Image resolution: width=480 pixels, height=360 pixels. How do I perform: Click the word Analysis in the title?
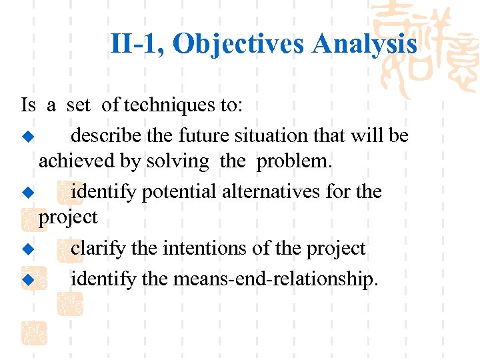pyautogui.click(x=365, y=45)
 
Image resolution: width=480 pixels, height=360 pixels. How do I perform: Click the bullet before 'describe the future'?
pyautogui.click(x=27, y=137)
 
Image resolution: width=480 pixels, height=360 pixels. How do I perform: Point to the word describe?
pyautogui.click(x=107, y=135)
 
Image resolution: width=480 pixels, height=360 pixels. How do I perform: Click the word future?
pyautogui.click(x=201, y=135)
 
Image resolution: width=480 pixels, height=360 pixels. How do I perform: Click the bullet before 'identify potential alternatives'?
pyautogui.click(x=27, y=193)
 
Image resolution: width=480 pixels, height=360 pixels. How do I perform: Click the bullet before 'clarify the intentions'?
pyautogui.click(x=27, y=249)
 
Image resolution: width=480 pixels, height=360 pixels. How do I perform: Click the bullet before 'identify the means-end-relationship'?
pyautogui.click(x=27, y=280)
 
